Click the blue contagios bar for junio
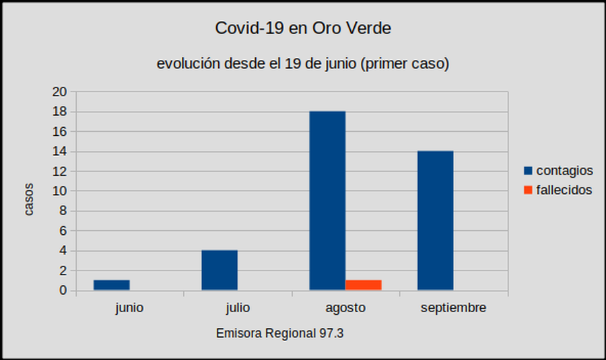[x=112, y=285]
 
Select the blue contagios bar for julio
[x=220, y=271]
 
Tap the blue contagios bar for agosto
[x=327, y=201]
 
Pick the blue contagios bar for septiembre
[x=435, y=221]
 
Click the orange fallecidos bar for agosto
[x=364, y=285]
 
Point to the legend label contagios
[x=564, y=170]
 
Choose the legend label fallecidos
[x=564, y=190]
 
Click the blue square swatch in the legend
[x=528, y=170]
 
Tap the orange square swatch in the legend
[x=528, y=190]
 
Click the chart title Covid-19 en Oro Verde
[x=303, y=29]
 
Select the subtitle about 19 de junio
[x=303, y=64]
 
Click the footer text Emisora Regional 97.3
[x=280, y=333]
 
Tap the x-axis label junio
[x=129, y=308]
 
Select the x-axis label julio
[x=238, y=308]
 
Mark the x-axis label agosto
[x=345, y=308]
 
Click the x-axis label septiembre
[x=453, y=308]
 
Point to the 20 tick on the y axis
[x=60, y=92]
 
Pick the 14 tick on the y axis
[x=60, y=151]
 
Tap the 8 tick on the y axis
[x=63, y=211]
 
